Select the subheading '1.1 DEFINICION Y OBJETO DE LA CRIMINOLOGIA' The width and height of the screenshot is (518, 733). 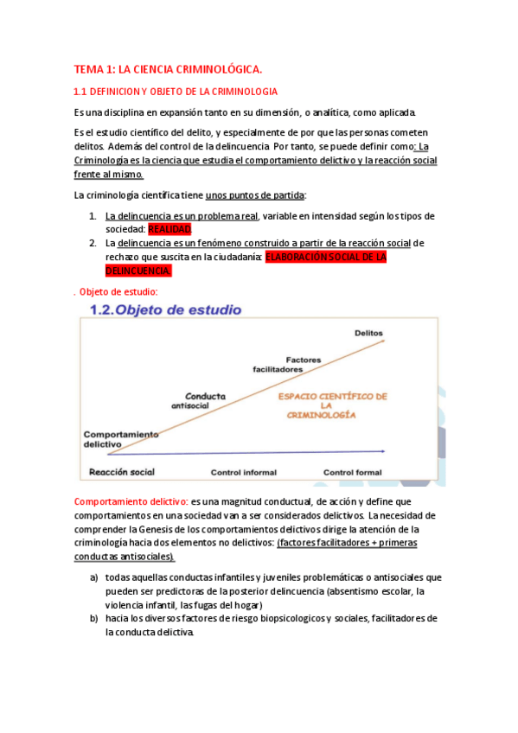(176, 92)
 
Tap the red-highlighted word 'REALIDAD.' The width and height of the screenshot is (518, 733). (169, 229)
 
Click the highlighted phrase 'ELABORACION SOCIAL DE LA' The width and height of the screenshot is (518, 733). (325, 257)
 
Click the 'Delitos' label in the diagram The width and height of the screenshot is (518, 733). (368, 334)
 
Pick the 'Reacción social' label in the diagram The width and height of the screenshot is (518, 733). (121, 472)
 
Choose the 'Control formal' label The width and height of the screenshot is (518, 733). (353, 472)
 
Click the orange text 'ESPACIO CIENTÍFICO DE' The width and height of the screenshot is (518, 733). (331, 396)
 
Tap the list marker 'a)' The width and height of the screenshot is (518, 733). (93, 577)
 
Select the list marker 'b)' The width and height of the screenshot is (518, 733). (93, 618)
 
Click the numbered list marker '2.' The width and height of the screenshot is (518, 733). (93, 243)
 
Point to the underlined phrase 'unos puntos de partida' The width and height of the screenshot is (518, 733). (255, 194)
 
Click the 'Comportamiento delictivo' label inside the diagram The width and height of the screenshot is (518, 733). (121, 438)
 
